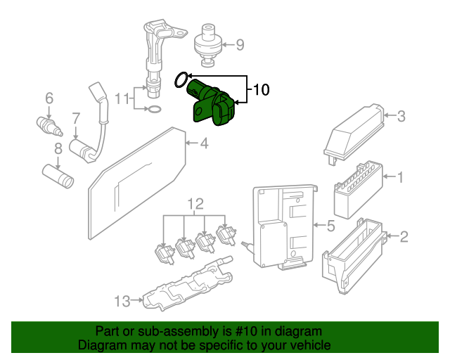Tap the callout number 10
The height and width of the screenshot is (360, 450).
261,90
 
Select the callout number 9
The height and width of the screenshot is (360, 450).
240,46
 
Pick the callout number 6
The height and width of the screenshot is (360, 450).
49,98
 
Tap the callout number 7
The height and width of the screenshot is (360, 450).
75,117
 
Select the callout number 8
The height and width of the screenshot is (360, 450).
58,148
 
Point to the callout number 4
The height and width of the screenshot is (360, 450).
204,144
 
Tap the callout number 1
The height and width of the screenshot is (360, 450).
401,177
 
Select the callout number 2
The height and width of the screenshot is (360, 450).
404,236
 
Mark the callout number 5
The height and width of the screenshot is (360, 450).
330,226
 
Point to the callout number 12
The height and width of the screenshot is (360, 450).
195,205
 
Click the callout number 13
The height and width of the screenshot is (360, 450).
122,302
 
